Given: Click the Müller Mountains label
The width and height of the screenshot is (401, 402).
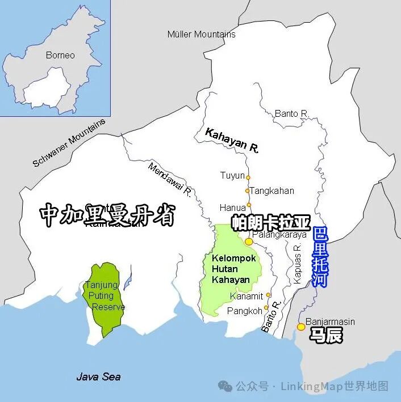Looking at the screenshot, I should coord(201,35).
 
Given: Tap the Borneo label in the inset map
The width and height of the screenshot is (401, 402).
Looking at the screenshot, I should coord(60,55).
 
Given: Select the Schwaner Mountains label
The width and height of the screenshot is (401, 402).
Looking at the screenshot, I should coord(69,143).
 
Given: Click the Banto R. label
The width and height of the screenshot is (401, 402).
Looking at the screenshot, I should coord(291,113).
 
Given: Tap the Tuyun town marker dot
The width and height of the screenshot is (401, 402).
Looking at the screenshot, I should coord(248,176).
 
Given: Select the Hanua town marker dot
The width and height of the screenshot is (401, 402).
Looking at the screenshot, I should coord(249,205).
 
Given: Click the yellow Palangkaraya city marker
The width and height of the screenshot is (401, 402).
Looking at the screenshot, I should coord(249,242).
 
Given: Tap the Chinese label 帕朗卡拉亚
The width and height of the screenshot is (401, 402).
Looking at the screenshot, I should coord(271,222).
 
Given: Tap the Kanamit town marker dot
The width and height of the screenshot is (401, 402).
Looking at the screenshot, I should coord(269,295).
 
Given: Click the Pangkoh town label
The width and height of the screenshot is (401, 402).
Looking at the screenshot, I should coord(245,311).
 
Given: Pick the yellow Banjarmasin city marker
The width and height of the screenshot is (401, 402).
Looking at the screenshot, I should coord(301,327).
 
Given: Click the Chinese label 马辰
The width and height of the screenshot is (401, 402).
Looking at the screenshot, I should coord(325,336).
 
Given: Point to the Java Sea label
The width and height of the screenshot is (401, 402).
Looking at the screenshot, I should coord(98,376).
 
